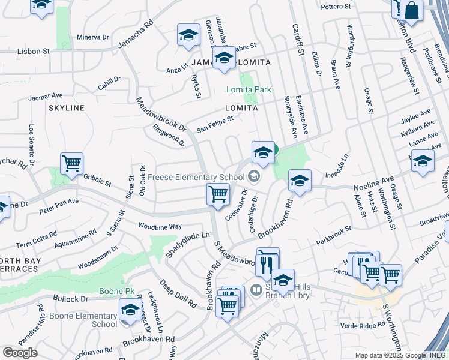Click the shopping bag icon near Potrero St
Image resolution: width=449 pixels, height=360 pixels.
click(x=413, y=10)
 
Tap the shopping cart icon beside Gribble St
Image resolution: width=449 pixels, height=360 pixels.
click(x=71, y=163)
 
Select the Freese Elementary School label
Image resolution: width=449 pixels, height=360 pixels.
click(x=195, y=176)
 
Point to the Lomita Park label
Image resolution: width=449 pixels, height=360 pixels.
click(x=249, y=89)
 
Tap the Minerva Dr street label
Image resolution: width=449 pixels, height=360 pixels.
click(x=92, y=37)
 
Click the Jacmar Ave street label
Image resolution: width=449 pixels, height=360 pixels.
click(x=44, y=95)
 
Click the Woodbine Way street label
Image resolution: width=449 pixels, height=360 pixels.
click(x=160, y=226)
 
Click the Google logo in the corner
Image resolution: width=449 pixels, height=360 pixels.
click(x=20, y=353)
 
